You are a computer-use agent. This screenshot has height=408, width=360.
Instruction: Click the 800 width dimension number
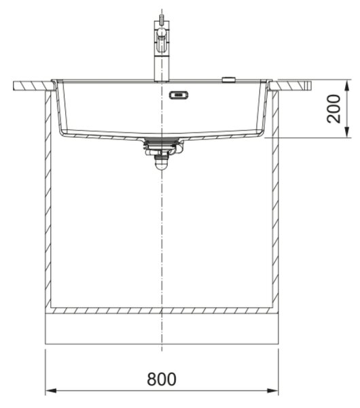pyautogui.click(x=162, y=379)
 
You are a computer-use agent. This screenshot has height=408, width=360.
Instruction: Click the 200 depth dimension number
pyautogui.click(x=334, y=109)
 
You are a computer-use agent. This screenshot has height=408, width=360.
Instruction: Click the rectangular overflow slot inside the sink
pyautogui.click(x=179, y=95)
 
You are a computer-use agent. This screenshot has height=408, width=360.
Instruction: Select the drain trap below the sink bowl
pyautogui.click(x=162, y=153)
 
